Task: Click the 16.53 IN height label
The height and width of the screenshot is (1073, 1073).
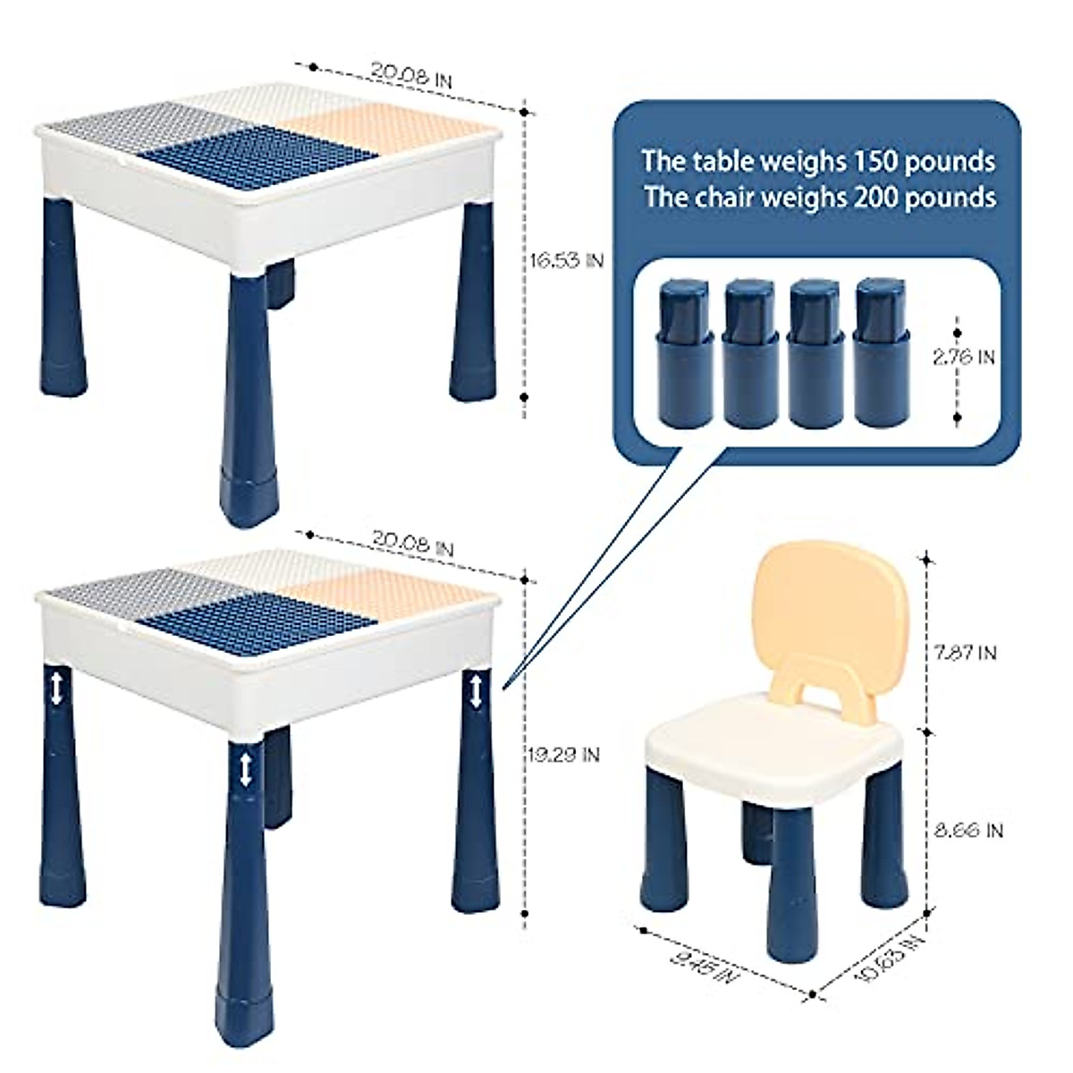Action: (x=566, y=260)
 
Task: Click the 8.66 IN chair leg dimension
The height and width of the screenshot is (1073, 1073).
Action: (x=969, y=831)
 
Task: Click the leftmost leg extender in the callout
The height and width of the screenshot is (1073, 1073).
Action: (x=684, y=353)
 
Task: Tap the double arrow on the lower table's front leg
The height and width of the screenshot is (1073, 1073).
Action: (x=244, y=769)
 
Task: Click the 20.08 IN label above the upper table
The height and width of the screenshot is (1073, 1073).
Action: (x=411, y=75)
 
